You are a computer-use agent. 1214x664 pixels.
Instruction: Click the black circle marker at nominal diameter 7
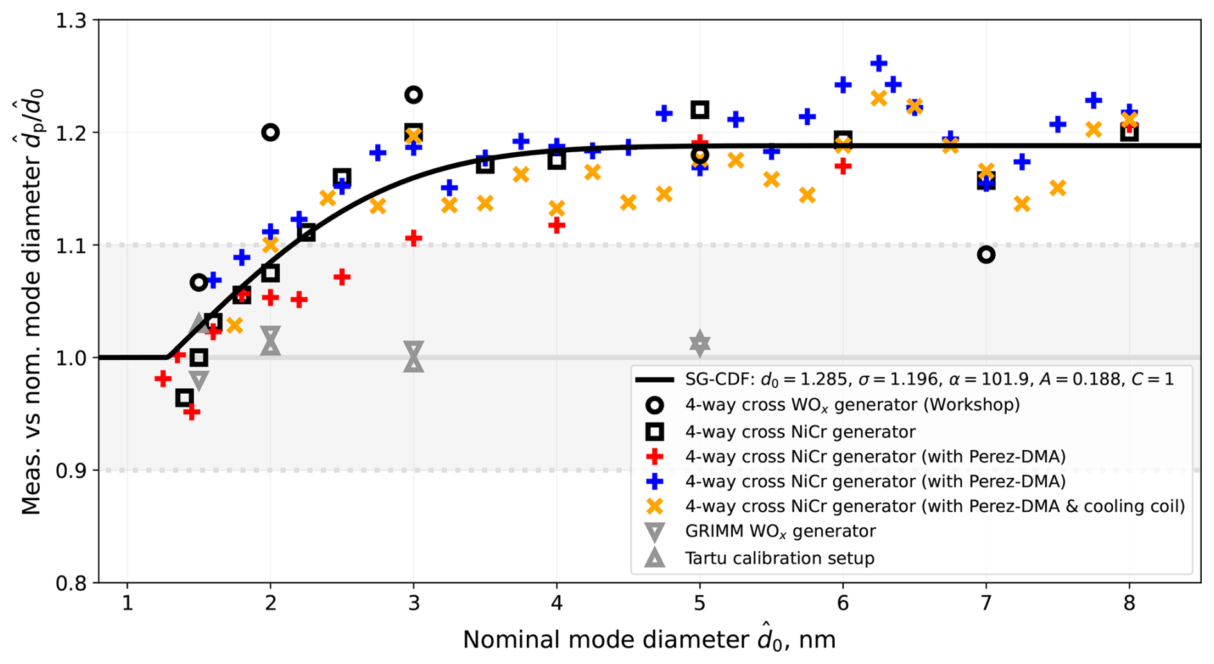coord(986,255)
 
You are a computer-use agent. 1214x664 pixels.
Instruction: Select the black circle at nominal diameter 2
coord(270,132)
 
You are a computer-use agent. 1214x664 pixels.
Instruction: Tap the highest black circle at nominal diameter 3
coord(413,95)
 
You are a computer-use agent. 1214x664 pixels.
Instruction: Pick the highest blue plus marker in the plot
coord(878,63)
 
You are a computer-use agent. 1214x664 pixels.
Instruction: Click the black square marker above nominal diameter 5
coord(699,110)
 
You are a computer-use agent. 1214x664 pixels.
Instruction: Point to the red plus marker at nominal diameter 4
coord(556,225)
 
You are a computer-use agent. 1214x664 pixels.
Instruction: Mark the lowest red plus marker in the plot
coord(191,412)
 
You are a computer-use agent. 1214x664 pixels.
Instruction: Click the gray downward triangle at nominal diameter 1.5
coord(199,381)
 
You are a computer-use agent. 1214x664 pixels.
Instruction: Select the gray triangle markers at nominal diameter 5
coord(699,344)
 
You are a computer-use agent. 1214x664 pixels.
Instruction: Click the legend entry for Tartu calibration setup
coord(779,558)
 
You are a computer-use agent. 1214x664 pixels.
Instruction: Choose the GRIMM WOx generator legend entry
coord(780,532)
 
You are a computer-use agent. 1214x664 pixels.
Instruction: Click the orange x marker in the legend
coord(654,507)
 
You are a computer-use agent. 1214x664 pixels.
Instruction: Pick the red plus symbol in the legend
coord(654,457)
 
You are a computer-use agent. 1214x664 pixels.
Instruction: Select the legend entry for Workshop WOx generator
coord(852,405)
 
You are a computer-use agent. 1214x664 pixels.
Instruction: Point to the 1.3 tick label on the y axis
coord(71,21)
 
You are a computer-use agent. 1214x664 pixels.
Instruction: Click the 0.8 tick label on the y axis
coord(71,583)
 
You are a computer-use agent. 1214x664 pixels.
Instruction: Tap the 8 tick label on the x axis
coord(1129,604)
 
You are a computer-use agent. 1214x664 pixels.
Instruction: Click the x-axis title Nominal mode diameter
coord(649,640)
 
